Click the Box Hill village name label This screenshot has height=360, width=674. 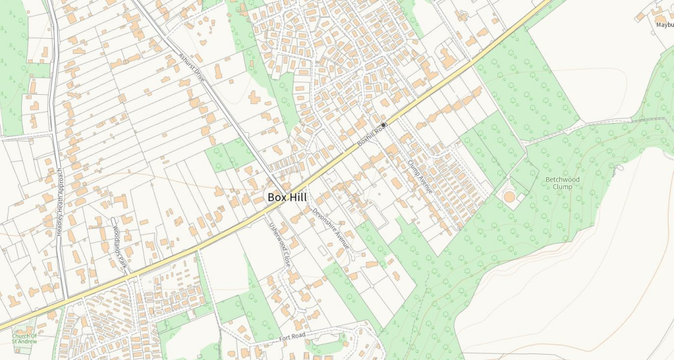pos(288,197)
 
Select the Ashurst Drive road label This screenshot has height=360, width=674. pos(192,68)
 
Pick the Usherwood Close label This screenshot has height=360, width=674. pos(278,243)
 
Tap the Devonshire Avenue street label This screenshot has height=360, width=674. pos(330,230)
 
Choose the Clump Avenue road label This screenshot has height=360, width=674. pos(420,176)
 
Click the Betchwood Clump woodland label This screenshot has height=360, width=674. pos(563,182)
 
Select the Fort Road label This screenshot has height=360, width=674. pos(293,338)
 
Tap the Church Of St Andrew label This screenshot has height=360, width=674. pos(24,338)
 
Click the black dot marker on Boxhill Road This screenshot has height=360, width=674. pos(384,124)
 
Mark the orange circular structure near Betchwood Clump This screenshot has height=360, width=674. pos(509,197)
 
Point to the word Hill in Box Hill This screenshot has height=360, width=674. pos(298,197)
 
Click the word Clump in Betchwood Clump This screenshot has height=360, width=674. pos(563,186)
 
